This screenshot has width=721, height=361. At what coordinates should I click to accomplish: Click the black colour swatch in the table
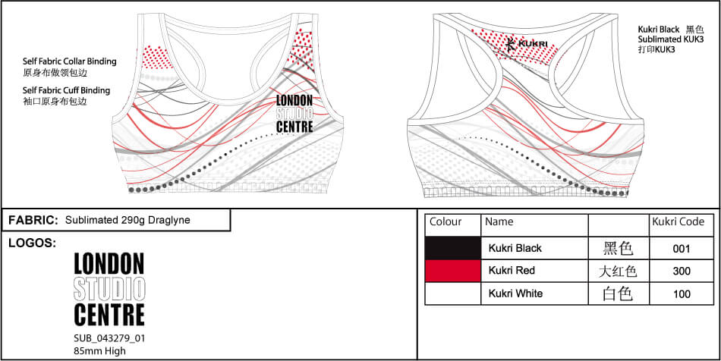452,248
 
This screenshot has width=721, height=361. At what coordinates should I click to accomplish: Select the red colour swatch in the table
452,271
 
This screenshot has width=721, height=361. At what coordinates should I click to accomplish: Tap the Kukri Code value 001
682,248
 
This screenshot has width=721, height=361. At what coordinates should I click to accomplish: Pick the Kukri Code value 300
682,271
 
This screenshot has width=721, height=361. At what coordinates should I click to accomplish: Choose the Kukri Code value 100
682,294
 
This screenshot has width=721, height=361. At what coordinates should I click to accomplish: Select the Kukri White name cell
515,294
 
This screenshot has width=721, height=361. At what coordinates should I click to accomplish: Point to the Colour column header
446,222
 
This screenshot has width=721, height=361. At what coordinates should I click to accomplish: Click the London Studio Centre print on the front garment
294,114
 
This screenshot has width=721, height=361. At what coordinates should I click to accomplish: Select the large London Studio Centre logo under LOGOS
109,289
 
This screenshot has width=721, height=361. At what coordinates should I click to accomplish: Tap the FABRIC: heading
33,220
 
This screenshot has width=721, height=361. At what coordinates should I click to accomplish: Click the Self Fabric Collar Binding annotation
70,61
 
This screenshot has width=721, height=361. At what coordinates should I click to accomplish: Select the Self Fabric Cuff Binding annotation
66,90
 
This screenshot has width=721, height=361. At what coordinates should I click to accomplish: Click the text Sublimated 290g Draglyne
127,220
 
